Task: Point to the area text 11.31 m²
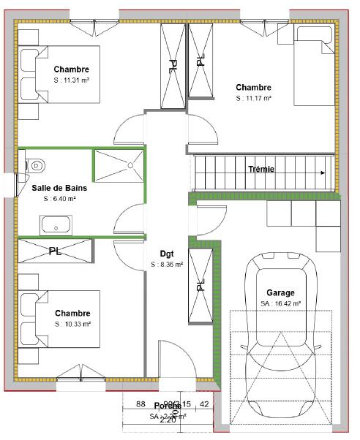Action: (x=72, y=80)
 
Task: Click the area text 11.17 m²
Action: (x=254, y=97)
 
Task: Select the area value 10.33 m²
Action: (x=72, y=324)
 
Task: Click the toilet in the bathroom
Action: (x=35, y=165)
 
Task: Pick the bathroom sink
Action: (x=55, y=224)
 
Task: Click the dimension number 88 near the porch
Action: (x=141, y=404)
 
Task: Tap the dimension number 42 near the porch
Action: (x=204, y=404)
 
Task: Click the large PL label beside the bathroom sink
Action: (x=55, y=251)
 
